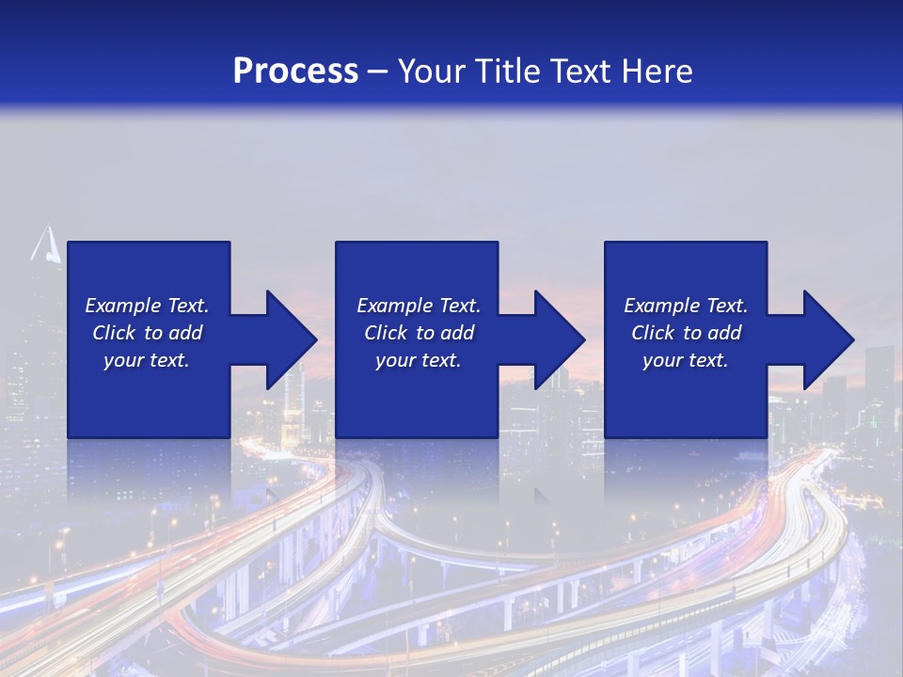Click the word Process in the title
[x=295, y=71]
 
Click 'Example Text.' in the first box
[x=147, y=306]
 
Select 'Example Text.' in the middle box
[x=419, y=306]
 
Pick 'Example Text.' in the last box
[x=686, y=306]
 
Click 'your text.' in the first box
[x=147, y=360]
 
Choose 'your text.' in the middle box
[x=419, y=360]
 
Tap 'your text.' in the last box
[x=686, y=360]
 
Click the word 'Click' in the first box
[x=115, y=333]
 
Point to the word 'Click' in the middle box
[x=387, y=333]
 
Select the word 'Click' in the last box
[x=654, y=333]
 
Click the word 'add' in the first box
[x=185, y=333]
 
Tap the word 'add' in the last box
[x=724, y=333]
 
